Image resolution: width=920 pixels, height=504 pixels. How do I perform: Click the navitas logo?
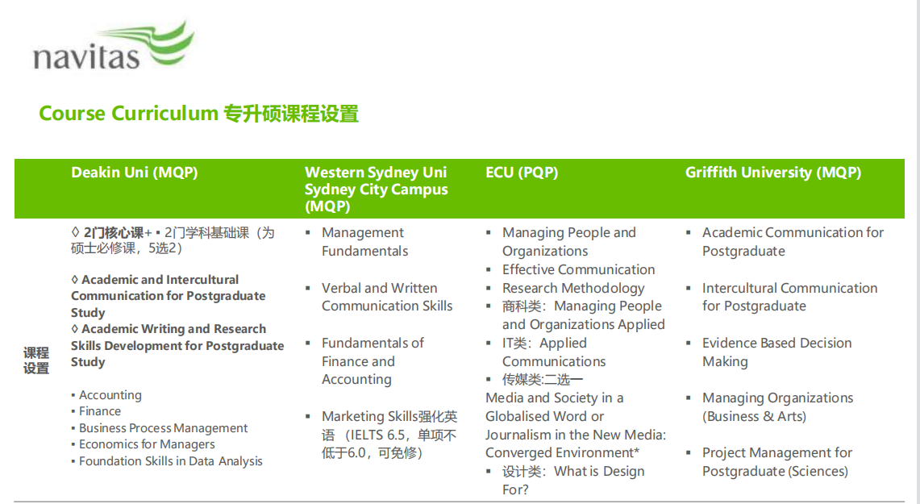[113, 47]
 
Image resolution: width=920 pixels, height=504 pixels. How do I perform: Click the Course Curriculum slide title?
[198, 113]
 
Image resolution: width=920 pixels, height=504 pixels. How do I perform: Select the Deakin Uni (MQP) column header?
[135, 173]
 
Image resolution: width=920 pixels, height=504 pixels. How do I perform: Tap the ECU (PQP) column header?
[522, 173]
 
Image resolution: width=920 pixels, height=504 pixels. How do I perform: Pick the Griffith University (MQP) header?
[773, 173]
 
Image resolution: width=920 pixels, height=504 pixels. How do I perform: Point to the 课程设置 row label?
[36, 360]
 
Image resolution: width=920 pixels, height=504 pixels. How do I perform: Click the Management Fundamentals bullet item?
[364, 242]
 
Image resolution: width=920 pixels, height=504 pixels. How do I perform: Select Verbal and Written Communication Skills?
[387, 297]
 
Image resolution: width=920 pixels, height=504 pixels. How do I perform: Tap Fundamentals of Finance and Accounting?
[373, 360]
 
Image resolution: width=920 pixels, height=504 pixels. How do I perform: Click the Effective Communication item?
[578, 269]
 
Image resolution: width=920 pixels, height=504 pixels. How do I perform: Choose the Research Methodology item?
[573, 288]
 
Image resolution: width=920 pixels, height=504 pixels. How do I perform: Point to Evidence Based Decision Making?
[776, 352]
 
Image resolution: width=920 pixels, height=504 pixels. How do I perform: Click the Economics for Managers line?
[147, 444]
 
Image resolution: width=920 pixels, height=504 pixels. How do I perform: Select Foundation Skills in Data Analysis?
[171, 461]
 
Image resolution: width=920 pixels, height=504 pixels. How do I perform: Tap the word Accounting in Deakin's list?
[110, 395]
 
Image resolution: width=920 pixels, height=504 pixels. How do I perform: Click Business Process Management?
[163, 427]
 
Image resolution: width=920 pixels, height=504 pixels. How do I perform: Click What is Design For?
[573, 481]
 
